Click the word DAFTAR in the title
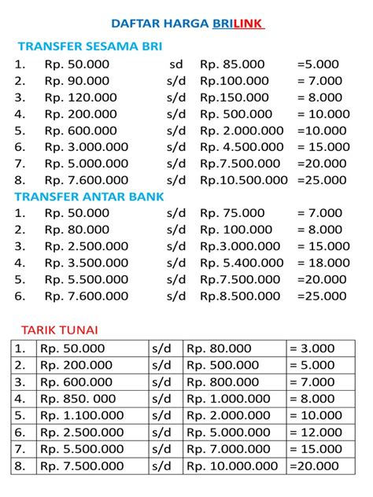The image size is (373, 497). tap(135, 24)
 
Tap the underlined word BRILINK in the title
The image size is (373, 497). tap(238, 24)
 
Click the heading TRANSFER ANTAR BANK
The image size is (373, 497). tap(90, 197)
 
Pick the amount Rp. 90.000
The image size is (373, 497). tap(77, 80)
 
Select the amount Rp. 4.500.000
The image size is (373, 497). tap(240, 146)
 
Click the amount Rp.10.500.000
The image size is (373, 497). tap(243, 179)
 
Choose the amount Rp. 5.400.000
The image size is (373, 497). tap(240, 263)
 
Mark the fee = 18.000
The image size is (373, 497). tap(321, 263)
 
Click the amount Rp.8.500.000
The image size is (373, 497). tap(240, 296)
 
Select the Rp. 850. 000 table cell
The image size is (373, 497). tap(78, 399)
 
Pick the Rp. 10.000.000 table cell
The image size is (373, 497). tap(232, 466)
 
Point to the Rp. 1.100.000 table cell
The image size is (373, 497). tap(82, 415)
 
